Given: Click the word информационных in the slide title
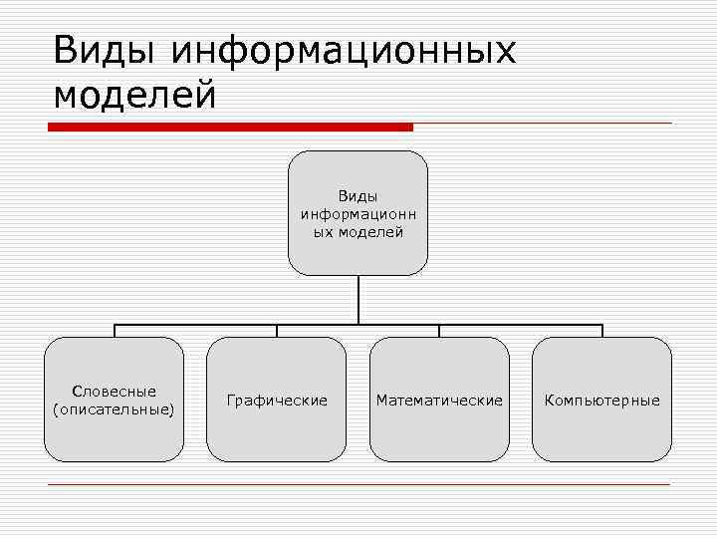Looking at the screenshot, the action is tap(345, 50).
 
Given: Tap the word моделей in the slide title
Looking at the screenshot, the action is tap(134, 95).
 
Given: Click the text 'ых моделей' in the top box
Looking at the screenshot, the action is tap(358, 232).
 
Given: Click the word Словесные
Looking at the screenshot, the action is tap(114, 392).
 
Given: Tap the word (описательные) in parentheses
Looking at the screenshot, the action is tap(114, 408).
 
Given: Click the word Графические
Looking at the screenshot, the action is tap(277, 401).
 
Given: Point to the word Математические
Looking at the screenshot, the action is tap(439, 401).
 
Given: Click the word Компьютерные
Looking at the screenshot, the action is tap(601, 401).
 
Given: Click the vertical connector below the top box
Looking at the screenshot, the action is tap(358, 299).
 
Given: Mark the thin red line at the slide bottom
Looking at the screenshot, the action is tap(358, 484).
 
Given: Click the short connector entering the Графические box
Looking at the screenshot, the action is tap(277, 331).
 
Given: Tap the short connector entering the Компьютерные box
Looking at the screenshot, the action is tap(601, 331).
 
